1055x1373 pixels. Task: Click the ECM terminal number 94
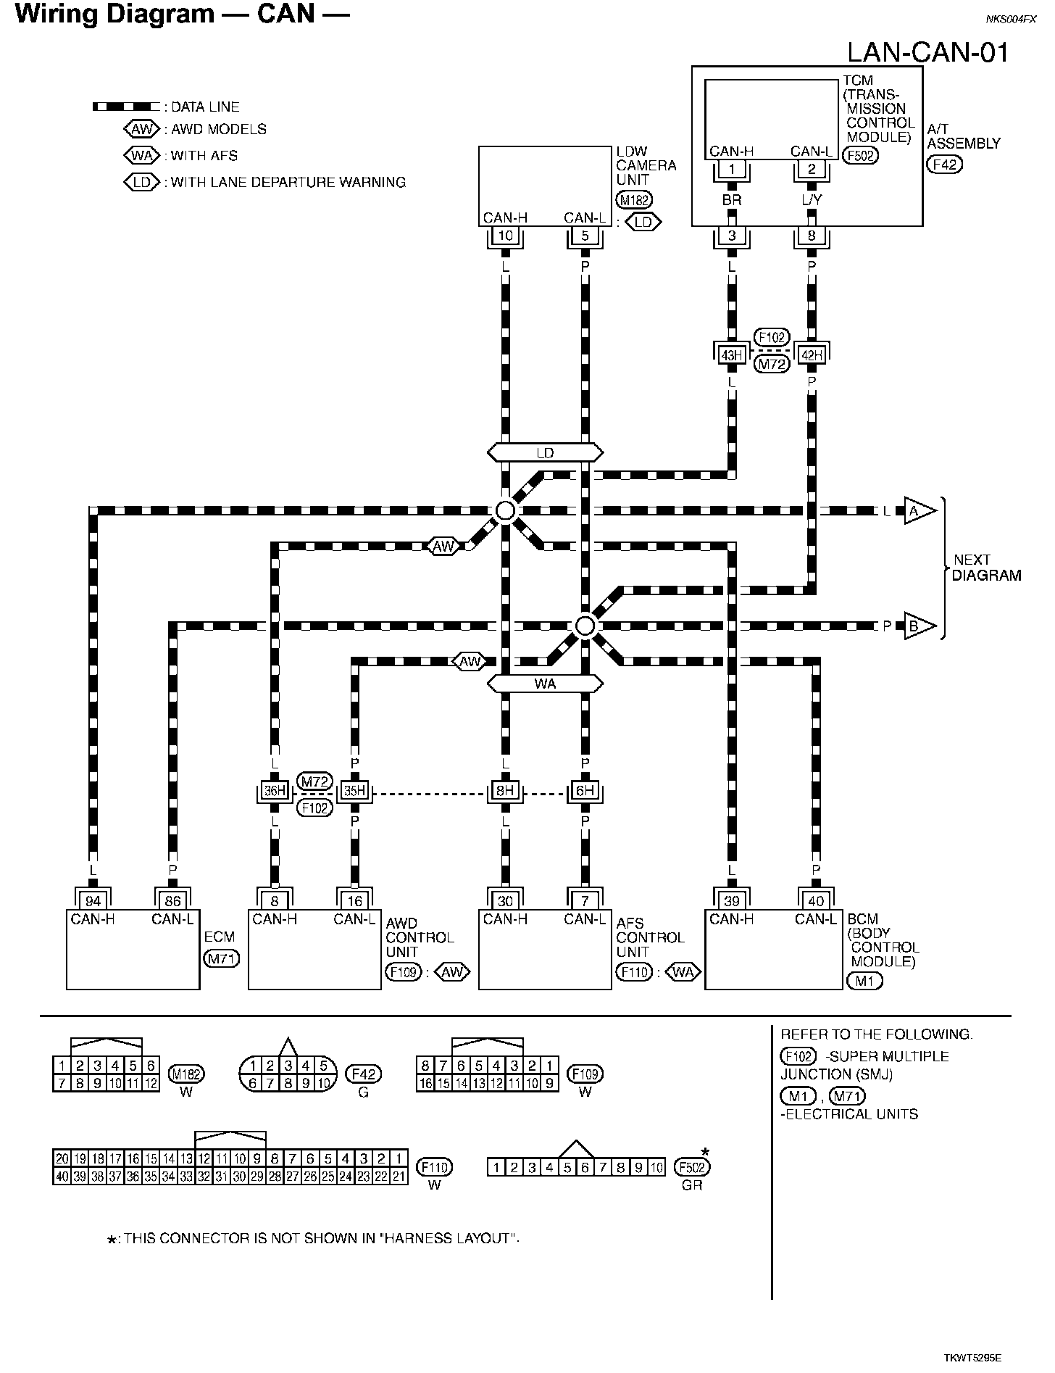[x=93, y=901]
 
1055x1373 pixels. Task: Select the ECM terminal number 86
[x=172, y=901]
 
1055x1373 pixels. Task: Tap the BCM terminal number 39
[x=732, y=901]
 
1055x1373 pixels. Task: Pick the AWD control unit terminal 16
[x=355, y=901]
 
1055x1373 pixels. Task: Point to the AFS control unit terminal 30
[x=505, y=901]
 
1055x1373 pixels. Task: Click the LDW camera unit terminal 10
[x=505, y=236]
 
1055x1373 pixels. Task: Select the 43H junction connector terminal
[x=732, y=354]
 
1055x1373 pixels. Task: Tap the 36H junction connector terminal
[x=275, y=791]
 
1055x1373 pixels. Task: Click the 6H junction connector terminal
[x=585, y=791]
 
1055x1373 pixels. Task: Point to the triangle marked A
[x=917, y=511]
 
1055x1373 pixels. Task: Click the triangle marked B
[x=917, y=626]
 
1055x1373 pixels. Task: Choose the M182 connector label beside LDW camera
[x=633, y=200]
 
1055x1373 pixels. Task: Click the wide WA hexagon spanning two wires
[x=545, y=684]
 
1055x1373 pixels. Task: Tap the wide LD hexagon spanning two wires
[x=545, y=453]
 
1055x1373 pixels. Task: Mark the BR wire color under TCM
[x=732, y=199]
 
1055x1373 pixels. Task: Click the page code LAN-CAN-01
[x=928, y=52]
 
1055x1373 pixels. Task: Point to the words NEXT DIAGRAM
[x=986, y=568]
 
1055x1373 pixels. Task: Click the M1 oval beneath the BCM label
[x=864, y=981]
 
